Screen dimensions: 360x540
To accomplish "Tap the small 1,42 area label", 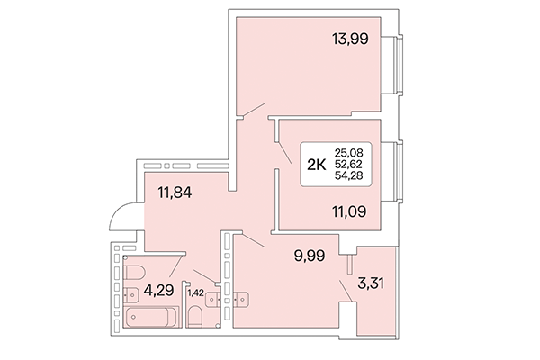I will (x=195, y=292).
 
